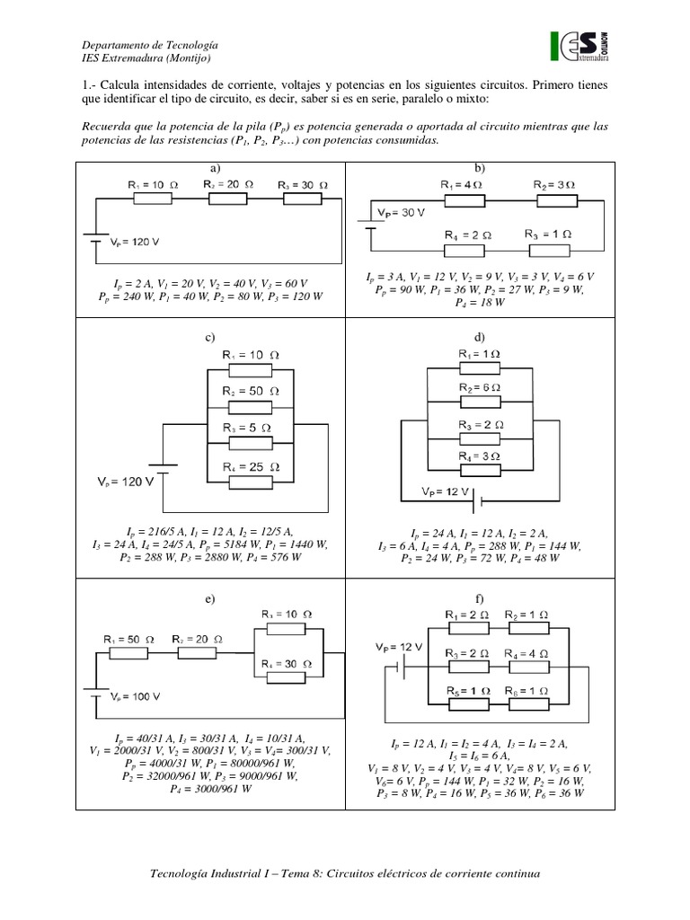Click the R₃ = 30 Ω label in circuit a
point(303,184)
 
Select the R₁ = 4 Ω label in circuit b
point(462,185)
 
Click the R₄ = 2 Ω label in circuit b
point(468,234)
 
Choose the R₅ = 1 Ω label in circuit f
point(469,690)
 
